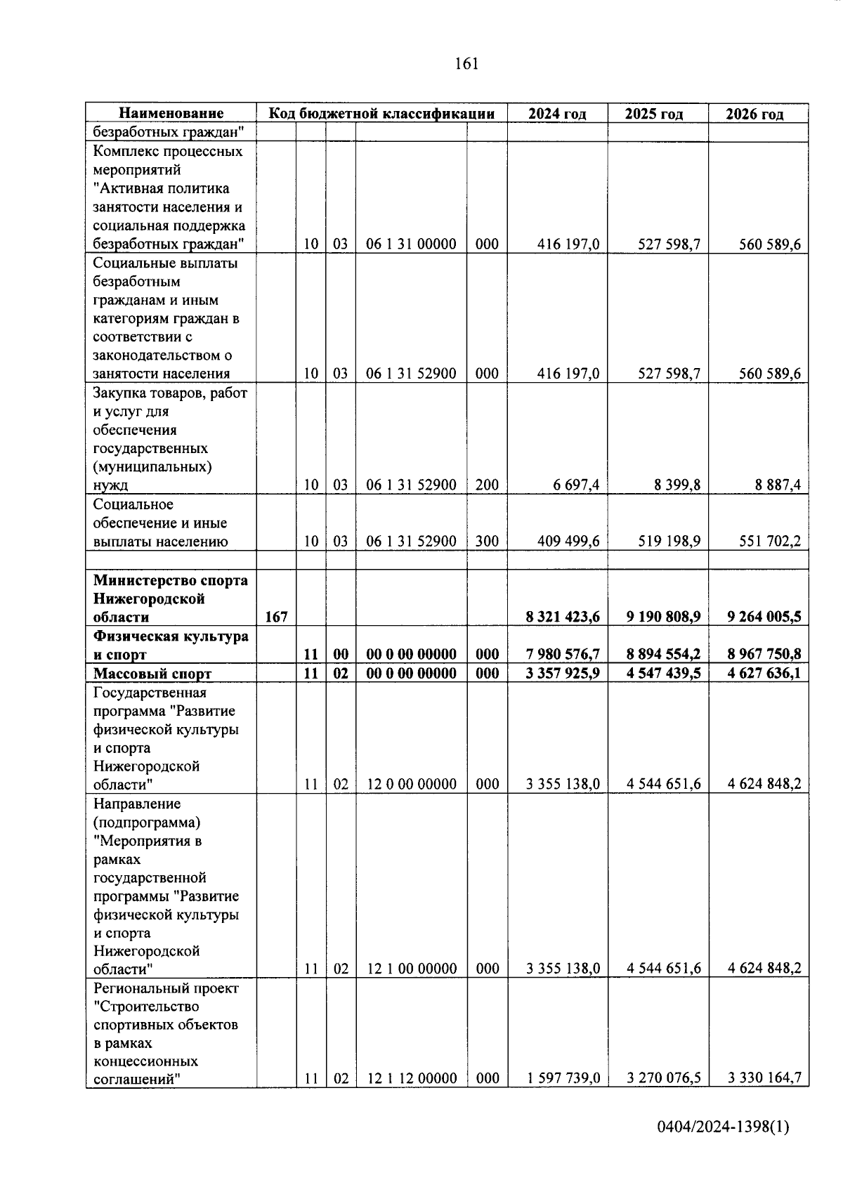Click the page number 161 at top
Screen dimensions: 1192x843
[x=466, y=64]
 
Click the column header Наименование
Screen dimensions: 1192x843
[x=171, y=113]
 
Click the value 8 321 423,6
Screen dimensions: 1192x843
[x=563, y=617]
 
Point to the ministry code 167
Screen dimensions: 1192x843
[x=276, y=617]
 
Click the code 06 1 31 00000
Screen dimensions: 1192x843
[x=411, y=244]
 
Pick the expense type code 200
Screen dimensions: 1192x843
[x=487, y=485]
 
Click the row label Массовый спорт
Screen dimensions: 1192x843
[x=152, y=674]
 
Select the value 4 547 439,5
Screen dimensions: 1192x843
[x=663, y=673]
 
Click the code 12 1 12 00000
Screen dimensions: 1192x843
[x=411, y=1078]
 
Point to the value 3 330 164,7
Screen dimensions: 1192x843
[x=764, y=1078]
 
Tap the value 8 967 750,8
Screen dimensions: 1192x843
[x=764, y=654]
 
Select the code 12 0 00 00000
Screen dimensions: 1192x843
[x=411, y=784]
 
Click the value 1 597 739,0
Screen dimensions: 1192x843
[x=563, y=1078]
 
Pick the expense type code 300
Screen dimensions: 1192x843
[x=487, y=541]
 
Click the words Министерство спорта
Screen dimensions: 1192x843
[x=171, y=580]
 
